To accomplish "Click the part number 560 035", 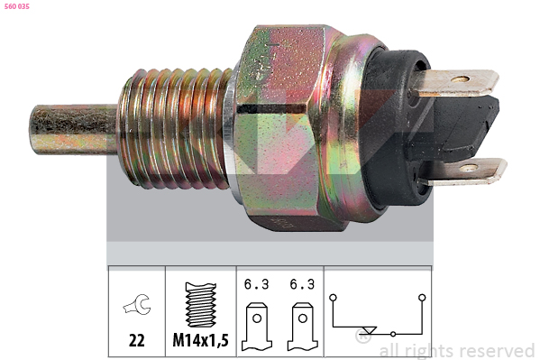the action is [17, 6].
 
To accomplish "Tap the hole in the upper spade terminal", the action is [460, 79].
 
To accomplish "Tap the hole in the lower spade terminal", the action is [469, 169].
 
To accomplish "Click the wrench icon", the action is [137, 304].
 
